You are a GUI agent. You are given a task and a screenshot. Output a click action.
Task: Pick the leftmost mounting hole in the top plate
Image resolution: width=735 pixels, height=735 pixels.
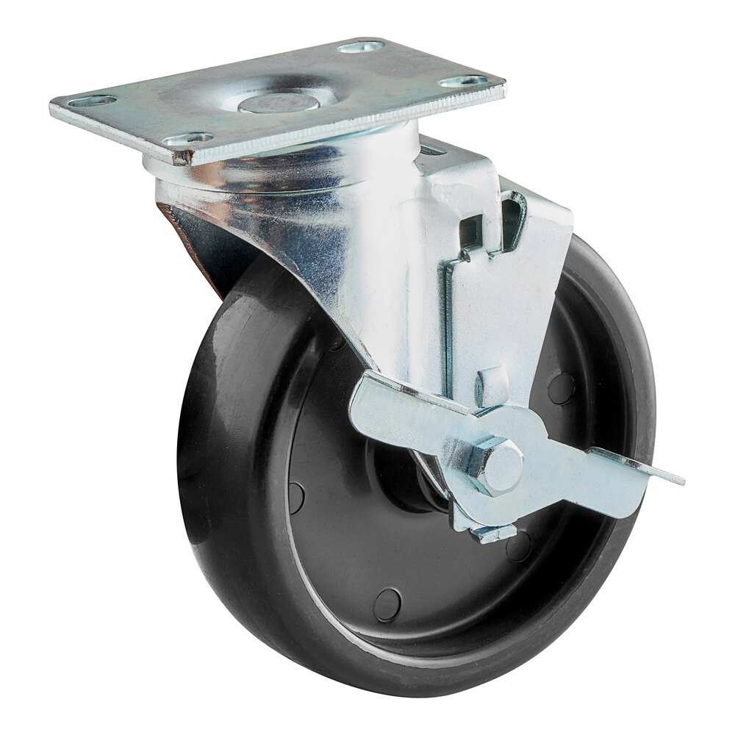click(96, 101)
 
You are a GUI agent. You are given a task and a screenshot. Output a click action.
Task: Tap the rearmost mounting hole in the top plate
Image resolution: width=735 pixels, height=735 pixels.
click(361, 47)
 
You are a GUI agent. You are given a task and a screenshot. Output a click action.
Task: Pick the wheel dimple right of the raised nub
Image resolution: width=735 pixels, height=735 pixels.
click(562, 387)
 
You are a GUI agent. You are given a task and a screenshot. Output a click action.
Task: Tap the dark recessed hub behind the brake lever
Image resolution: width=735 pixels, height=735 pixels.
click(412, 485)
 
